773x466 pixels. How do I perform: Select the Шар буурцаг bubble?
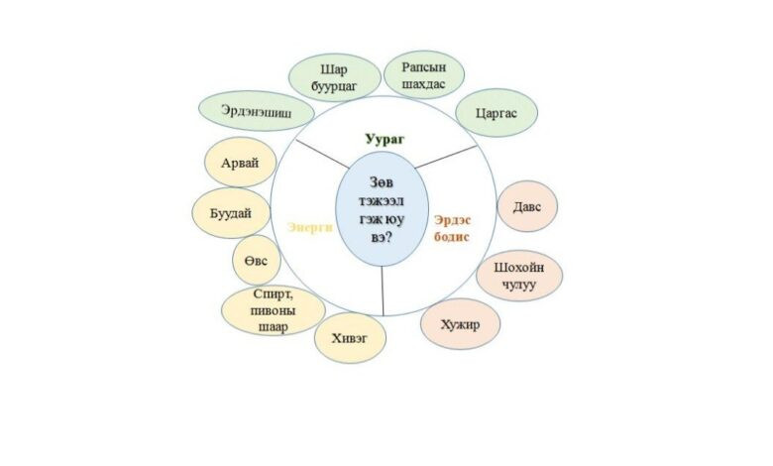pyautogui.click(x=334, y=77)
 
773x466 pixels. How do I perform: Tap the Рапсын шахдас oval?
pyautogui.click(x=417, y=74)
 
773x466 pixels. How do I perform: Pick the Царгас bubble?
pyautogui.click(x=497, y=113)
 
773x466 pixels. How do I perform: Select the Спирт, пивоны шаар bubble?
pyautogui.click(x=273, y=311)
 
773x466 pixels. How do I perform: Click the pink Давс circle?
pyautogui.click(x=526, y=206)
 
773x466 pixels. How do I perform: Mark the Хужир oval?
pyautogui.click(x=460, y=324)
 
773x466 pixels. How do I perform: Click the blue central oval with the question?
pyautogui.click(x=382, y=215)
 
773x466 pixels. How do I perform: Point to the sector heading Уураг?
pyautogui.click(x=386, y=140)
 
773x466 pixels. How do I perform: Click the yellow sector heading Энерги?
pyautogui.click(x=308, y=226)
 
